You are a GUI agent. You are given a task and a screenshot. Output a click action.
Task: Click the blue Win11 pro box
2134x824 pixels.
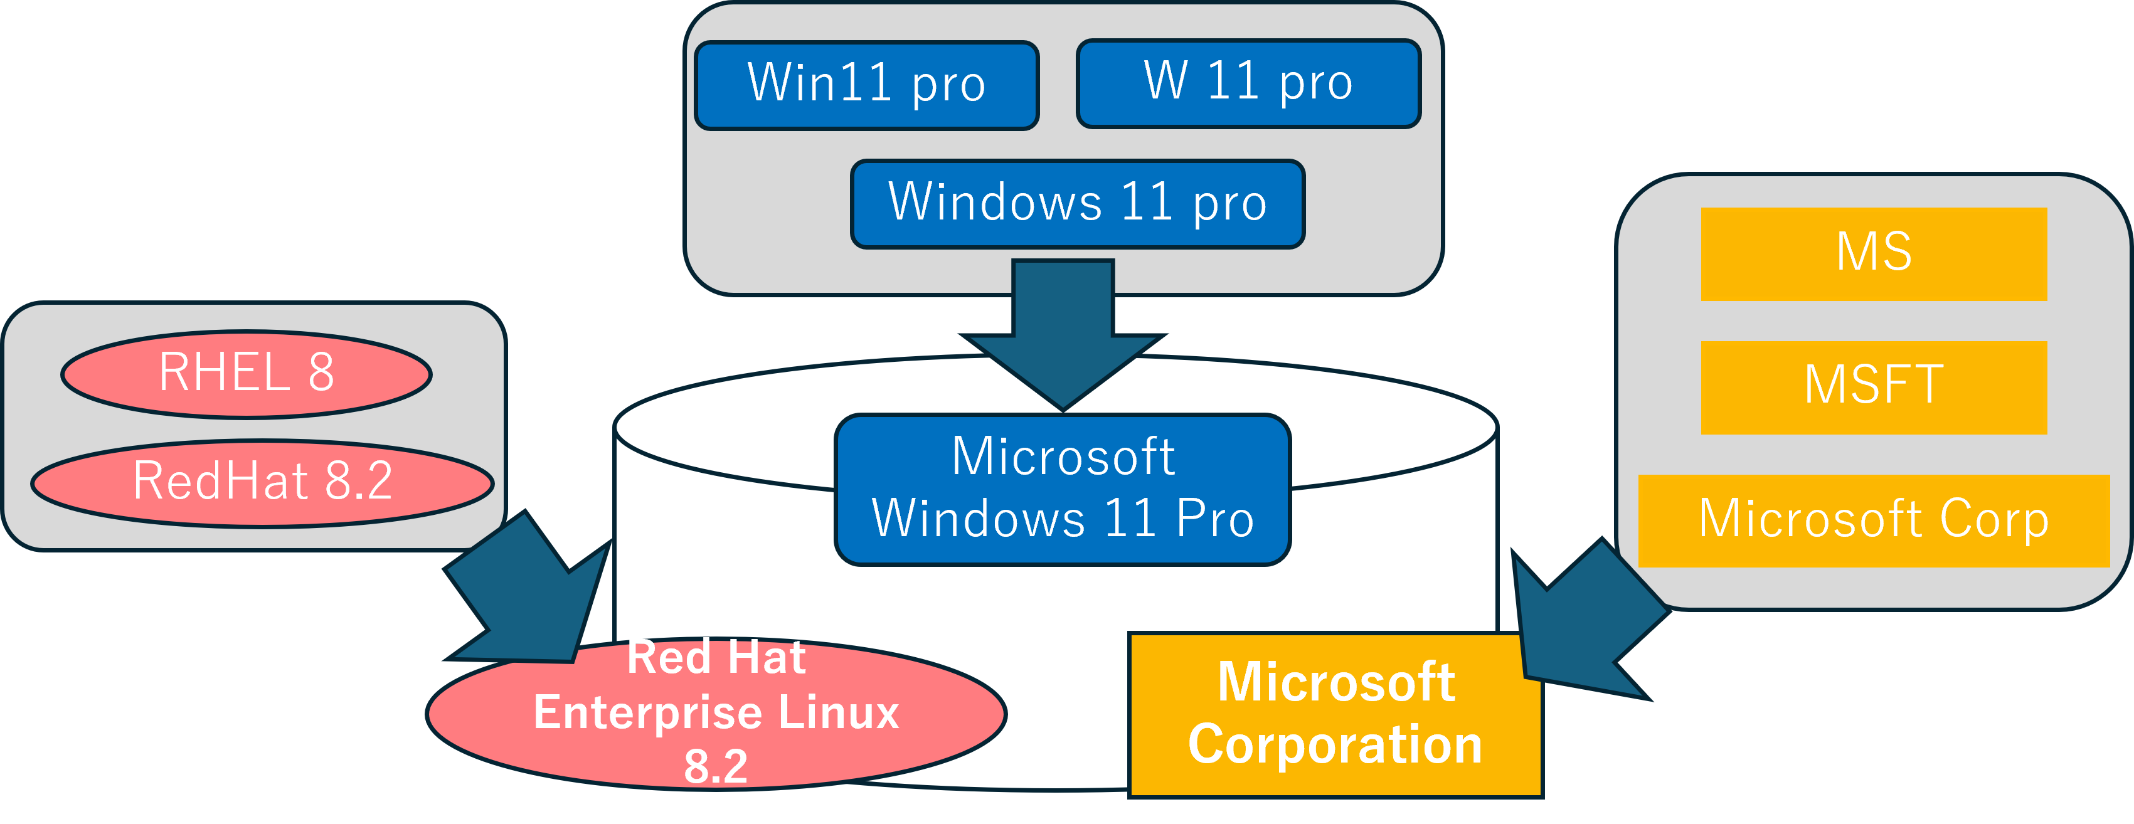[x=866, y=85]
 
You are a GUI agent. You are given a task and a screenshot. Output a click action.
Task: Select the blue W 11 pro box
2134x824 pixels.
[x=1248, y=83]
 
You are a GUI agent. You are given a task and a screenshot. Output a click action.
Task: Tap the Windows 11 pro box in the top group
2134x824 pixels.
[x=1078, y=204]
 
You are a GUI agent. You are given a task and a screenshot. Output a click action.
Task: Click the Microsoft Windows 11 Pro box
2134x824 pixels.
[x=1063, y=489]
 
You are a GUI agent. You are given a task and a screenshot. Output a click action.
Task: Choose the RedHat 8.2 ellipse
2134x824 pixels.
[x=263, y=483]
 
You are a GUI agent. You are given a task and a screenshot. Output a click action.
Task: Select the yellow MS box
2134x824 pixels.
[x=1874, y=253]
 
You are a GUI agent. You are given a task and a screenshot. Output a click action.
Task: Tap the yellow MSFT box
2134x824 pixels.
[x=1874, y=387]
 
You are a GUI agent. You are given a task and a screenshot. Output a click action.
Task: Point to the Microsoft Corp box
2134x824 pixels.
[x=1874, y=520]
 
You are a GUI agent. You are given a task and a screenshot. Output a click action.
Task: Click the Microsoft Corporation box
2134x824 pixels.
[x=1335, y=714]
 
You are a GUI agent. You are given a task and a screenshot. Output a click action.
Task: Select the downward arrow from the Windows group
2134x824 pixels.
[x=1063, y=331]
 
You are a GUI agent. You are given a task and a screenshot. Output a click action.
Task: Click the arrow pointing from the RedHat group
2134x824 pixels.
[x=530, y=596]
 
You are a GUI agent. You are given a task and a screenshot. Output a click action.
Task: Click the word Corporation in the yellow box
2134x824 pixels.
[x=1335, y=744]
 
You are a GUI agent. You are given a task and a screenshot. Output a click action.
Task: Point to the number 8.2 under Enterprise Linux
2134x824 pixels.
[x=716, y=766]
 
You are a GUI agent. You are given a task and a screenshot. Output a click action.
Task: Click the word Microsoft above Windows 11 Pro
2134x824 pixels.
[x=1063, y=457]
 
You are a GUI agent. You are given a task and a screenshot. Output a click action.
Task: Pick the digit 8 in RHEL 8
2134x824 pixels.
[x=321, y=372]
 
